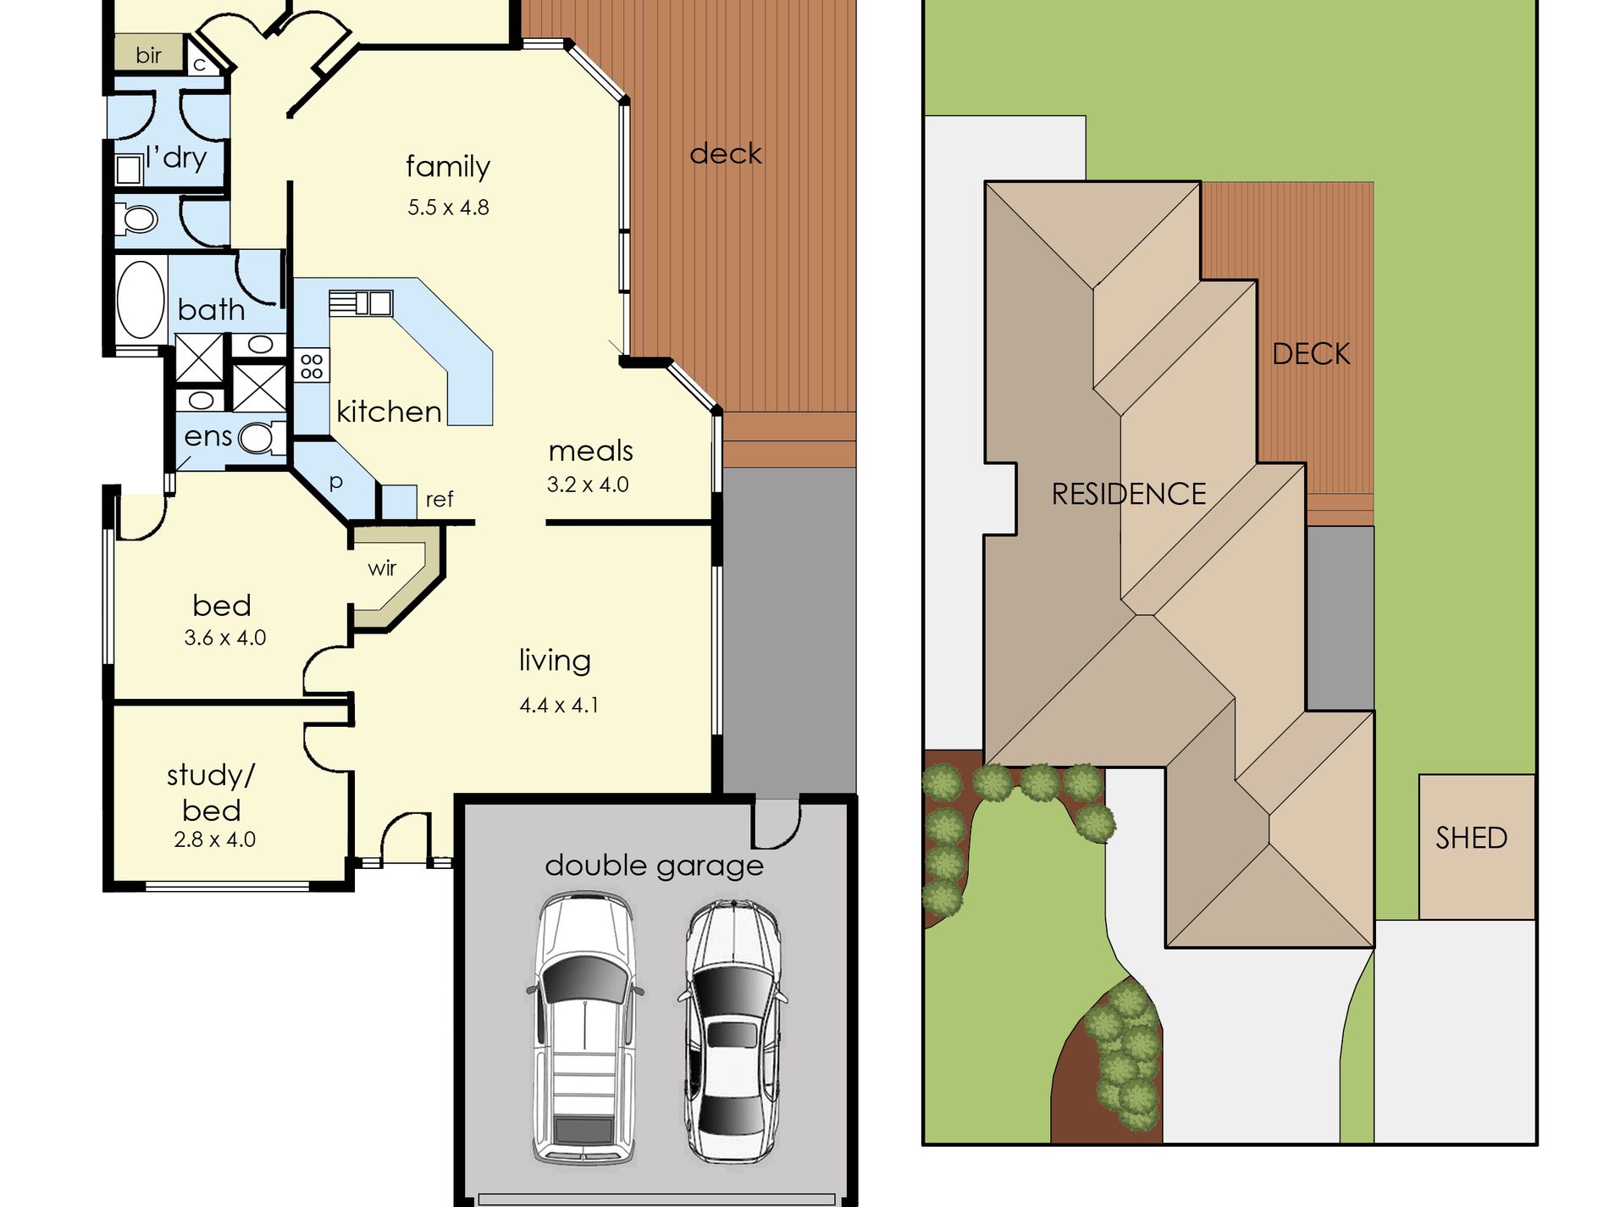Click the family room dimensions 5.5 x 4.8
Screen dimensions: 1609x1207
tap(448, 208)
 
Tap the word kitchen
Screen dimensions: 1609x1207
tap(389, 412)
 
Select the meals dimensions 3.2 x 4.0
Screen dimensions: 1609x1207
tap(588, 484)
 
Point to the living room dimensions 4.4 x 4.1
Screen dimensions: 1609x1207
tap(559, 705)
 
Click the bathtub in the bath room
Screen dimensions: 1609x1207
tap(141, 300)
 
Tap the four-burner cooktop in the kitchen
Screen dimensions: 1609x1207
tap(312, 366)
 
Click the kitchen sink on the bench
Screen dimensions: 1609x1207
tap(362, 302)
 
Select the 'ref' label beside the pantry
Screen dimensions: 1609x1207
tap(440, 499)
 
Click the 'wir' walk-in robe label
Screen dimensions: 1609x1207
tap(382, 568)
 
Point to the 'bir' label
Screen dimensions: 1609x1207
tap(148, 55)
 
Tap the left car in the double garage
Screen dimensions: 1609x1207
tap(584, 1027)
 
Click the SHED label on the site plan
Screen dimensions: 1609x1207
tap(1472, 838)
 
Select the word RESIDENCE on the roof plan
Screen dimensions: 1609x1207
tap(1129, 494)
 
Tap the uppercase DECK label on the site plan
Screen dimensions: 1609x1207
tap(1311, 354)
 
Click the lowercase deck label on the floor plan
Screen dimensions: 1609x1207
tap(726, 153)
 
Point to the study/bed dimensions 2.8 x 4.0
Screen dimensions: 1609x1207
tap(214, 839)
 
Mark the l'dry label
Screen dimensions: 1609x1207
tap(176, 158)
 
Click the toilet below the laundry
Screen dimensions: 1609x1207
tap(138, 219)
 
